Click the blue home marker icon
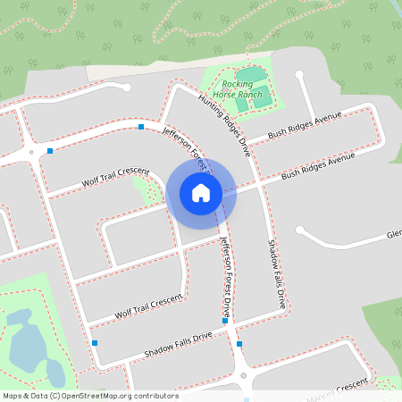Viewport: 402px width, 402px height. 201,193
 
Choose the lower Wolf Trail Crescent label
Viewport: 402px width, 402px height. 147,306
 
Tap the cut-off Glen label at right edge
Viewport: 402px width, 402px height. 393,234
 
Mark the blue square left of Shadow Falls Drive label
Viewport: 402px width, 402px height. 94,342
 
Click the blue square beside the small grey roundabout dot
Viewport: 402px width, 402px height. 50,150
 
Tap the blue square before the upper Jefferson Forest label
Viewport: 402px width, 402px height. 141,127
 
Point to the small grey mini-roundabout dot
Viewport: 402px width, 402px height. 31,153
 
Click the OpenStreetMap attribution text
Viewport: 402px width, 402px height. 91,396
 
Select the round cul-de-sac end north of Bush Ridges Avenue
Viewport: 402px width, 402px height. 299,76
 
